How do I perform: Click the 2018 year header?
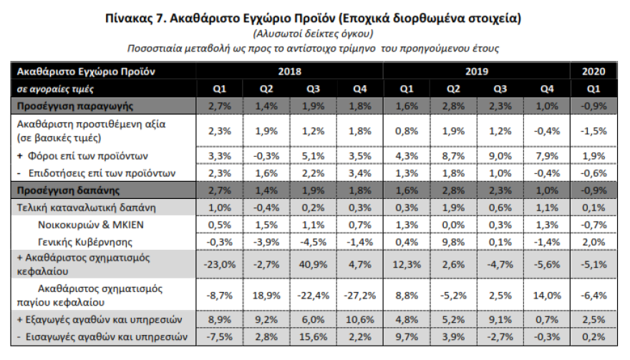(x=289, y=72)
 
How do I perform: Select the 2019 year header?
(x=476, y=72)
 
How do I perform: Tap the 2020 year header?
(x=593, y=72)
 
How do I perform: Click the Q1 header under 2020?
(x=593, y=89)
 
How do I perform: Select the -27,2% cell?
(x=359, y=294)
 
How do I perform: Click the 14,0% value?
(x=546, y=294)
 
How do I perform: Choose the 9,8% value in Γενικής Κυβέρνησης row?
(x=452, y=242)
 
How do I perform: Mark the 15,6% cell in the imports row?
(x=313, y=336)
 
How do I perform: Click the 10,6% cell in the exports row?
(x=359, y=319)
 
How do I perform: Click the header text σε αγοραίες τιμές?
(x=55, y=89)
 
